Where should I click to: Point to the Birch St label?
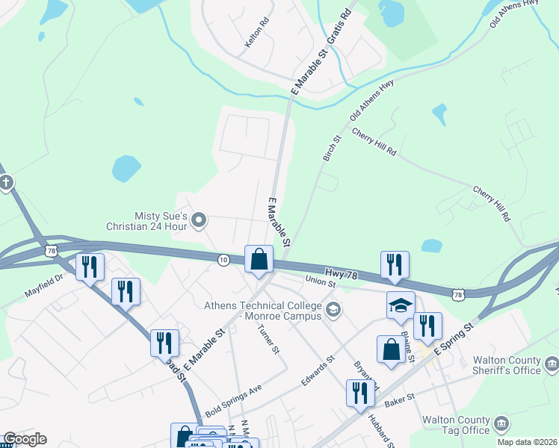332,148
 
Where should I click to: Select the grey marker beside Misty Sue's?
199,220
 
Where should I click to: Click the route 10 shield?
223,259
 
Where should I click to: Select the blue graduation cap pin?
401,305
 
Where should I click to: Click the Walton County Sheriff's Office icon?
552,364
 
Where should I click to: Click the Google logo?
25,439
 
